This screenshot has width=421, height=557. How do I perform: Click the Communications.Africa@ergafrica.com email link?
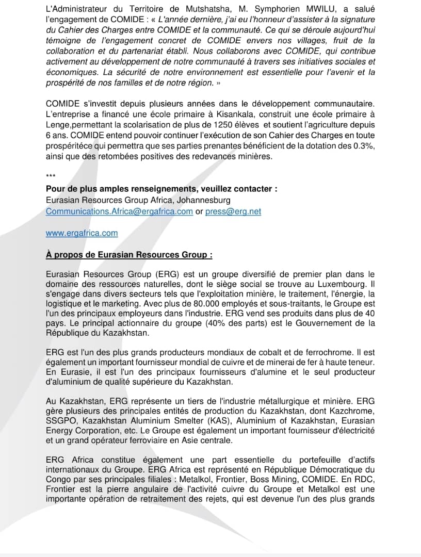(x=119, y=211)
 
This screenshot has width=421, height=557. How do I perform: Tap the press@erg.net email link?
(x=233, y=211)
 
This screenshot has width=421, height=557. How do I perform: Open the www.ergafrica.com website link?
(x=82, y=233)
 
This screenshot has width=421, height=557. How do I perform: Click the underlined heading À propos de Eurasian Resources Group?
(x=129, y=255)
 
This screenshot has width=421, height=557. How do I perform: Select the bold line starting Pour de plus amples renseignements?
(x=161, y=189)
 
